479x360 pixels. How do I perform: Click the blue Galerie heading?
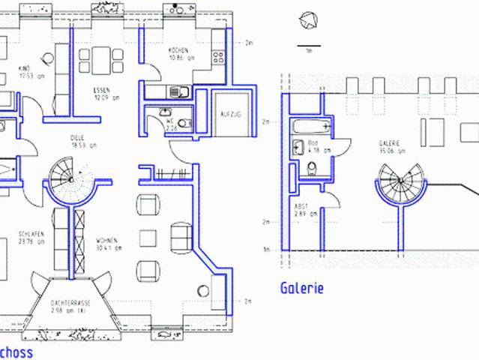click(301, 288)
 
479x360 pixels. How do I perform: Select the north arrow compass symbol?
click(307, 21)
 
